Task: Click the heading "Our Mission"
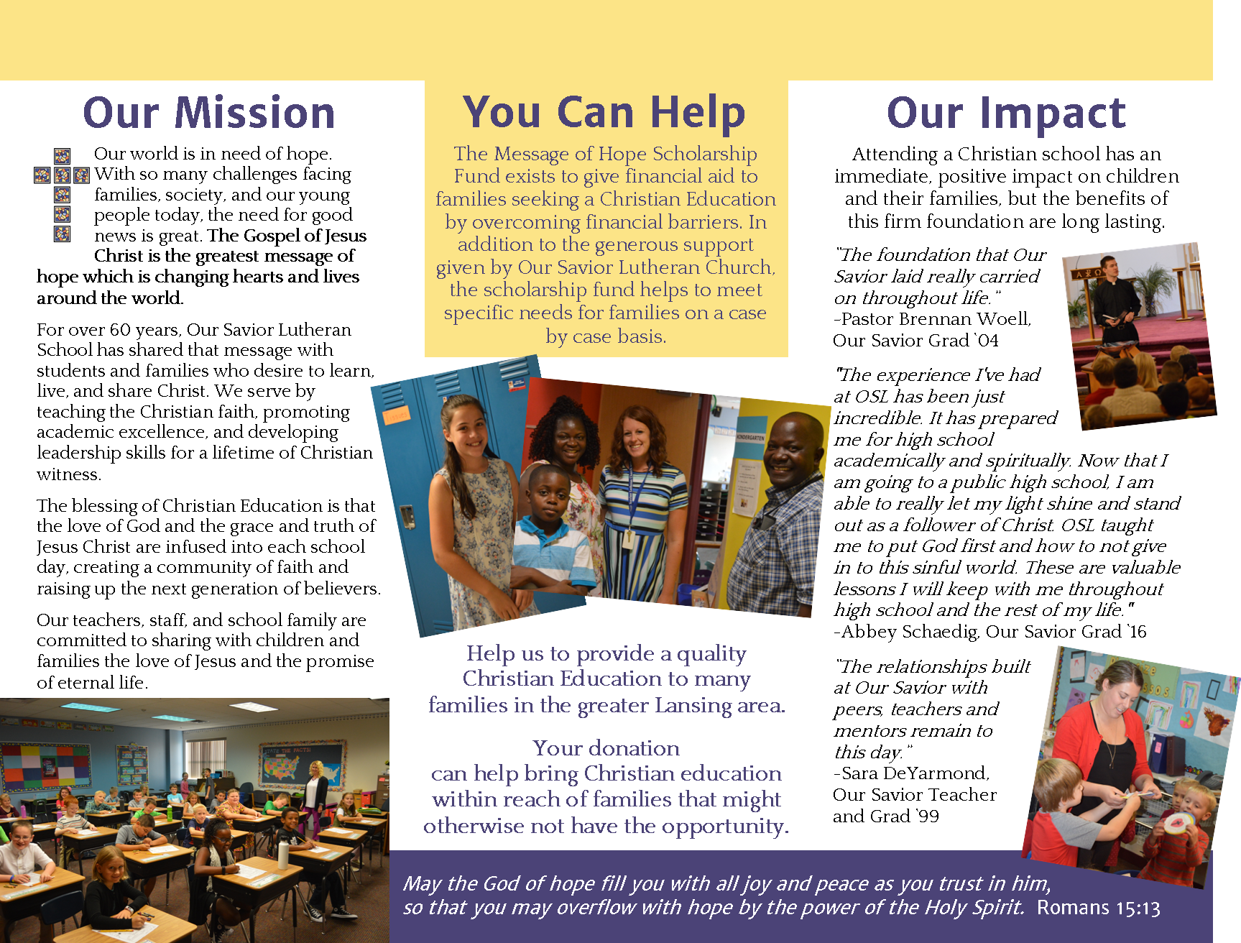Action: pos(209,113)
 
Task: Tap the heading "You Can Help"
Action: pos(604,113)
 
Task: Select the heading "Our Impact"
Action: pos(1006,113)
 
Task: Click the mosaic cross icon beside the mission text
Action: pos(62,195)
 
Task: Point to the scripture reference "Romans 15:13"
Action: pos(1098,908)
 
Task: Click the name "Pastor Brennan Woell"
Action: pos(936,319)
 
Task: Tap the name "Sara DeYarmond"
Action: pos(915,773)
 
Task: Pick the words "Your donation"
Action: pos(606,748)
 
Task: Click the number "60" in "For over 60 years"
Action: pos(120,331)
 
